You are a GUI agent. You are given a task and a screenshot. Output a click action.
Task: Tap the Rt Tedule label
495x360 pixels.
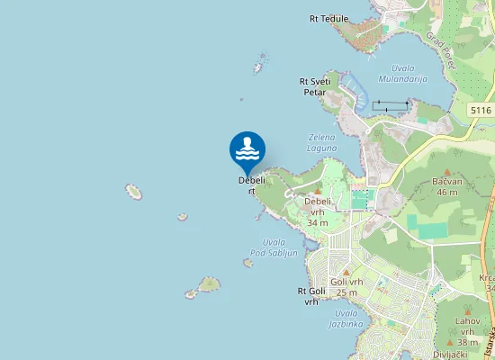328,18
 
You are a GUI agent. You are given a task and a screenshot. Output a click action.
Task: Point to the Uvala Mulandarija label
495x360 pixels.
402,74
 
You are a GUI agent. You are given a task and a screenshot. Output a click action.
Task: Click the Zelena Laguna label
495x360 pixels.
322,142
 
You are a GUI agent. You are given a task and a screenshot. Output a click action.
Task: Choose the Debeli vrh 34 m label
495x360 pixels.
318,211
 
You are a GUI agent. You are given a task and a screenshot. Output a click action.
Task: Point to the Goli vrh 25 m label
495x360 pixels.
346,287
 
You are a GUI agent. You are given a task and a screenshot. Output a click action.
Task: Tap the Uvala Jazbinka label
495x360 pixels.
346,319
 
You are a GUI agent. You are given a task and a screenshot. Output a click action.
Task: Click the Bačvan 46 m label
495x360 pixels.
446,186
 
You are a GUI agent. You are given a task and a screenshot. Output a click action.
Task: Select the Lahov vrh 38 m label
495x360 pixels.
467,331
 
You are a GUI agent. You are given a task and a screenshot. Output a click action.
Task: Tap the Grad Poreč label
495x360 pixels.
441,51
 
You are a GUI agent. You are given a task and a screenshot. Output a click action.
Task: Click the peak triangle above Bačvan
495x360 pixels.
446,168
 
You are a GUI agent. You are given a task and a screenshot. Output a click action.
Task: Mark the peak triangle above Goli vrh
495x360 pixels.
346,270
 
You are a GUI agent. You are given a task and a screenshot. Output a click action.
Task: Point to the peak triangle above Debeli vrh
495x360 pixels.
318,190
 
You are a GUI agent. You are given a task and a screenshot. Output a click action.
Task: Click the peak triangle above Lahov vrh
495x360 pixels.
467,309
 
